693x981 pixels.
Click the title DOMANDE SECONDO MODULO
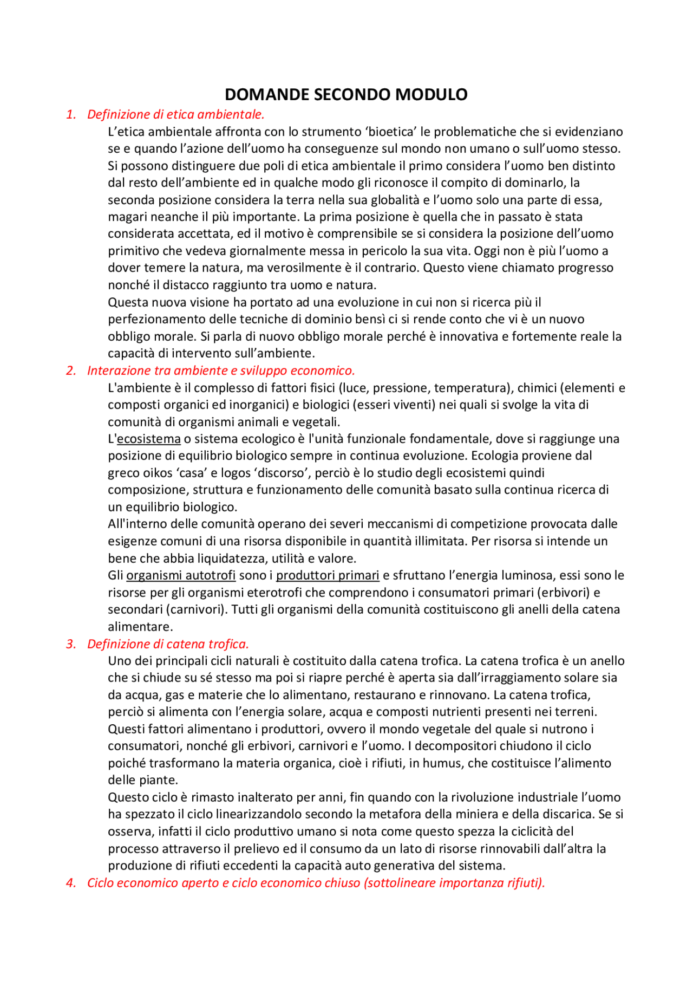click(x=346, y=94)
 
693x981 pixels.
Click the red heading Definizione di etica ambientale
click(x=175, y=114)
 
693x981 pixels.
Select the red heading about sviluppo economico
click(x=221, y=371)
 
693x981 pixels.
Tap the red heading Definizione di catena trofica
click(x=168, y=644)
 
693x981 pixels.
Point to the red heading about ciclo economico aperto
click(x=316, y=882)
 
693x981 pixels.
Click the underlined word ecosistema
click(x=149, y=439)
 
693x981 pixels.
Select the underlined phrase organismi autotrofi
click(x=181, y=575)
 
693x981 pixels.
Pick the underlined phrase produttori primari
click(x=328, y=575)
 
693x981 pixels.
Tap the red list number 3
click(x=71, y=644)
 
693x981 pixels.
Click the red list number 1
click(x=71, y=114)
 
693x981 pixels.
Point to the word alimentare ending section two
click(x=140, y=627)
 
